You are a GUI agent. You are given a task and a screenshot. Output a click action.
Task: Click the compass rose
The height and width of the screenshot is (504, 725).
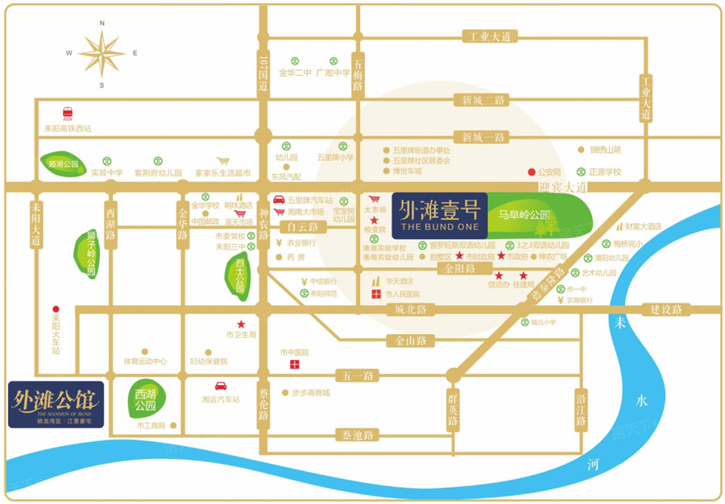pos(101,53)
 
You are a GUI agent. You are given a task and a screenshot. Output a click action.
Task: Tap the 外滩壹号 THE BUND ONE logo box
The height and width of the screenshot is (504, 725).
pos(439,214)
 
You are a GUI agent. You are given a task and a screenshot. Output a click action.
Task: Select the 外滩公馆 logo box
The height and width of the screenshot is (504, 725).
pos(56,403)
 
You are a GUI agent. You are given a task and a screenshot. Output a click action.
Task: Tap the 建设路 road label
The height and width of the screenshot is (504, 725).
pos(666,309)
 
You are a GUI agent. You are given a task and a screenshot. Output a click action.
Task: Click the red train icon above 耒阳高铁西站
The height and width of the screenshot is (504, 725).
pos(68,114)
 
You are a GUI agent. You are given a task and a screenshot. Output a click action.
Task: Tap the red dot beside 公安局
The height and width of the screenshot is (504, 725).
pos(530,171)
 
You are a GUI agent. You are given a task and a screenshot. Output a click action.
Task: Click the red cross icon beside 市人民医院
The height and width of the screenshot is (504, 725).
pos(375,295)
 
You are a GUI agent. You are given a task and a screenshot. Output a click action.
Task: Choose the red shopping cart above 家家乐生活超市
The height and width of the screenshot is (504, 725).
pos(238,159)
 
